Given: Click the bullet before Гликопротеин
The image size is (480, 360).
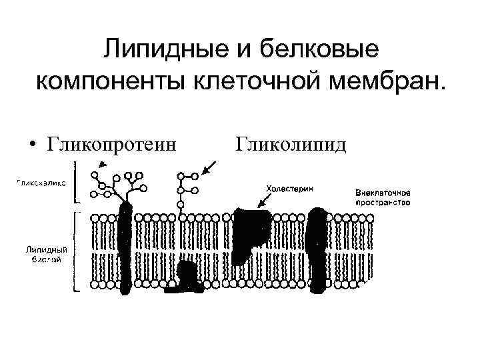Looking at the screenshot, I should pyautogui.click(x=31, y=144).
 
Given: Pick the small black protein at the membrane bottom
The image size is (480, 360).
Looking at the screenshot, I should pyautogui.click(x=187, y=279).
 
